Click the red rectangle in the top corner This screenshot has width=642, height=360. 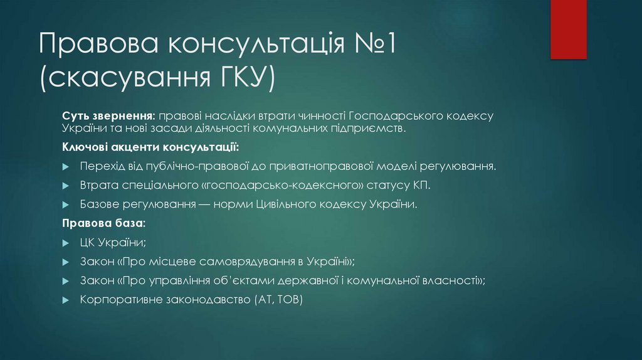pos(568,29)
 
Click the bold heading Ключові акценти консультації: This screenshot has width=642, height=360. pos(150,147)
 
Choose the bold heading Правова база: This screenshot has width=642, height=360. pos(104,223)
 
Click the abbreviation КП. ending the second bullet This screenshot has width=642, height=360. pos(422,186)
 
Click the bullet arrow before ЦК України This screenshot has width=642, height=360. pos(66,243)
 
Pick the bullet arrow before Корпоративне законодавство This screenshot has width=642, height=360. pos(66,300)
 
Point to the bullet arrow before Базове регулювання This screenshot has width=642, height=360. pos(66,205)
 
